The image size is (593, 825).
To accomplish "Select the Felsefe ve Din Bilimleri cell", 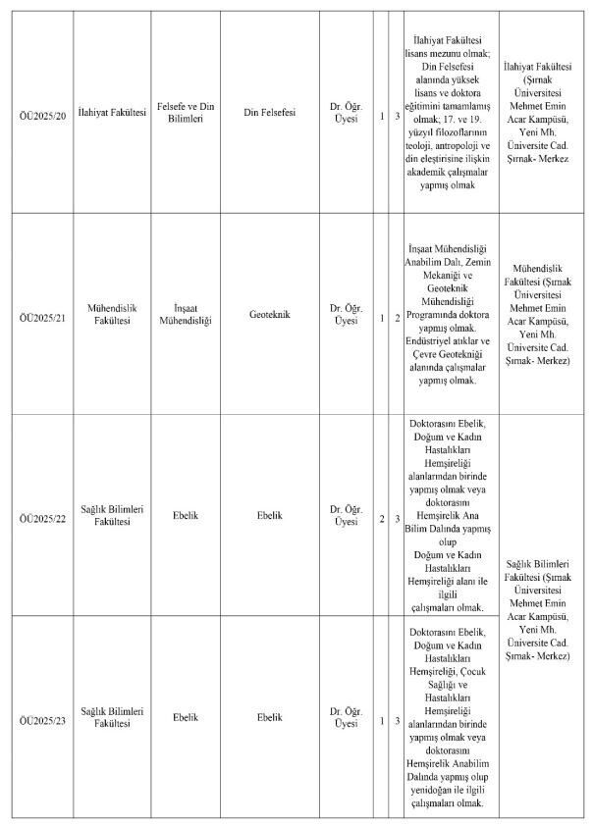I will point(187,114).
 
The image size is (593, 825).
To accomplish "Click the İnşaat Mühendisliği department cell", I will point(187,314).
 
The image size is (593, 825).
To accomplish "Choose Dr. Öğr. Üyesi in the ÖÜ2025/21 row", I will point(347,314).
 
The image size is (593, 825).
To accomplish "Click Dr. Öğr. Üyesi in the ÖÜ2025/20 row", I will point(347,114).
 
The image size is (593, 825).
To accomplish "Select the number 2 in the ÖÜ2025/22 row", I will point(381,516).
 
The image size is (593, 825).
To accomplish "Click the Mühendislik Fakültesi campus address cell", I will point(542,314).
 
